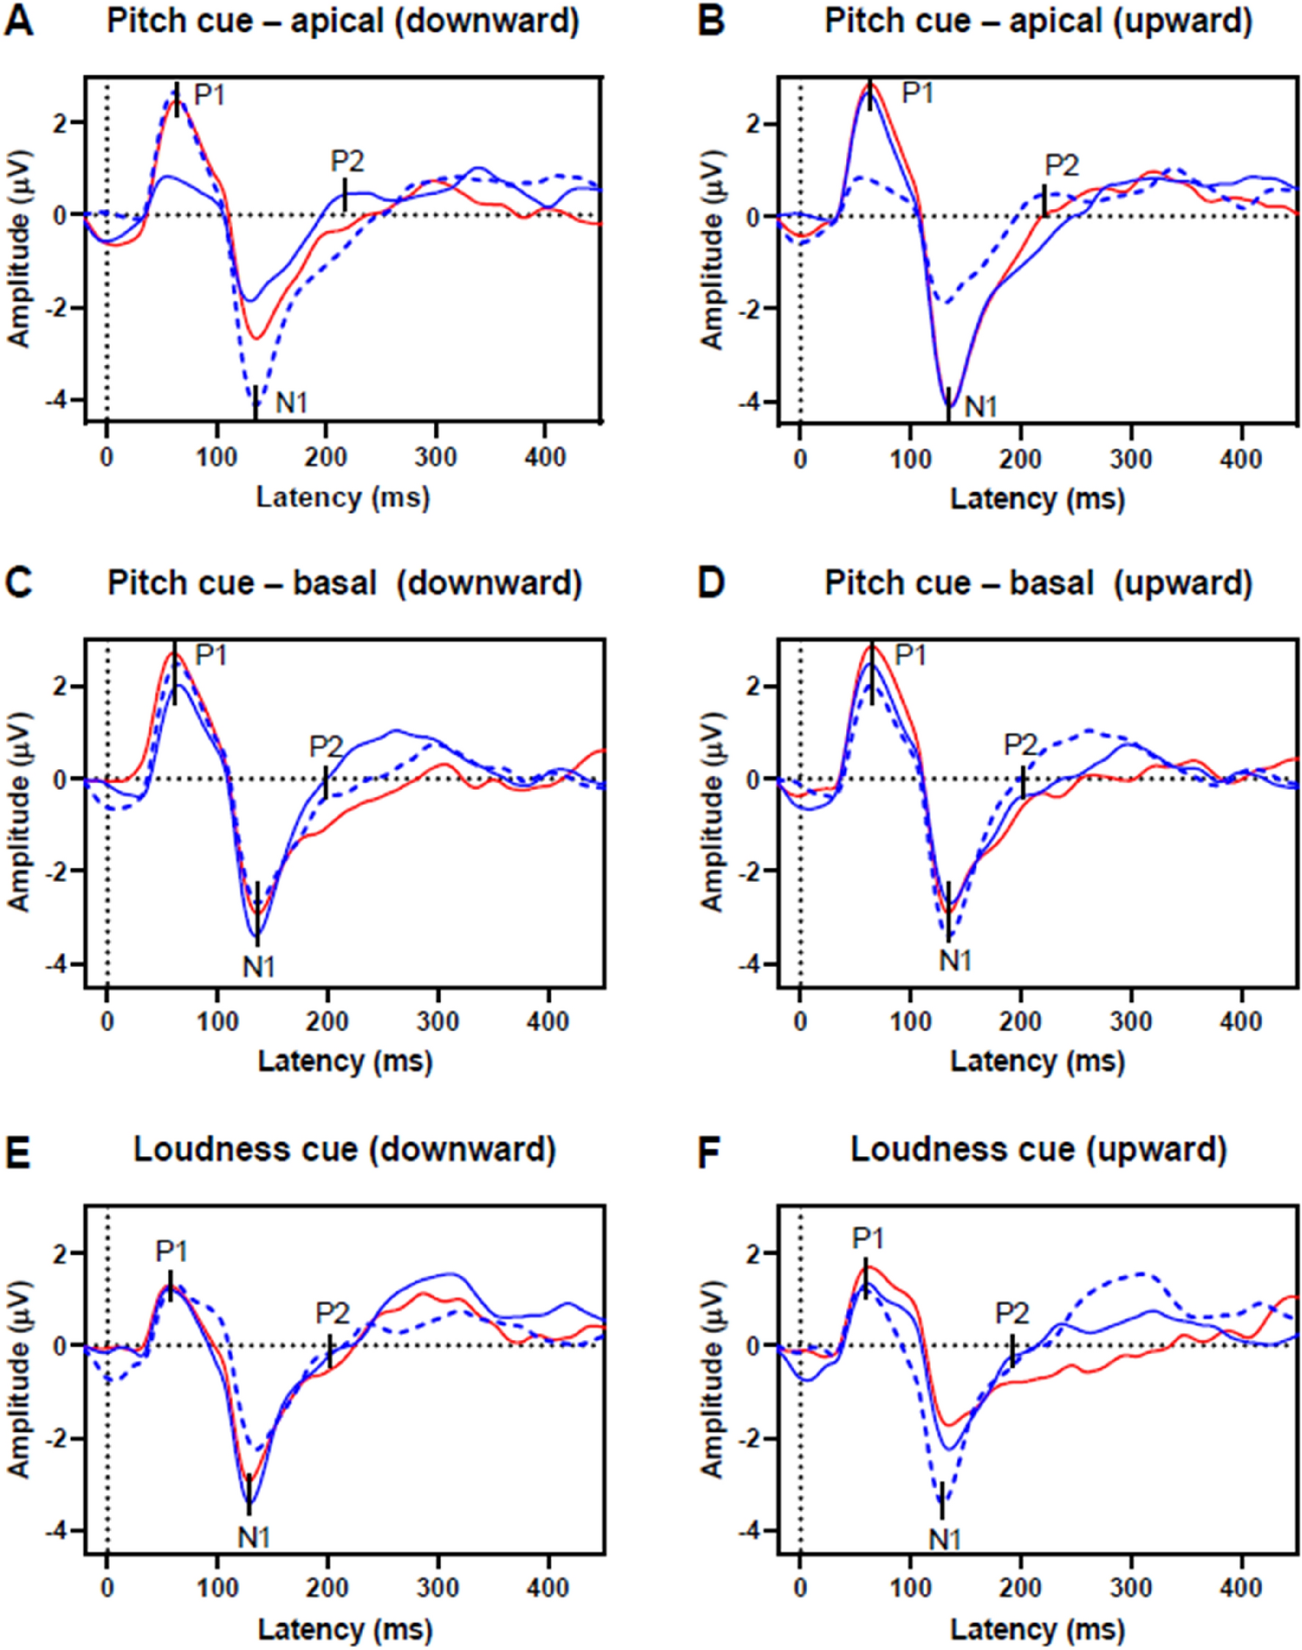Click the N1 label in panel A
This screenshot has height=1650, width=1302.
point(291,402)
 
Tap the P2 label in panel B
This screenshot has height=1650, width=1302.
point(1062,166)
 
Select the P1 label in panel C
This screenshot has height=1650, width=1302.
point(211,655)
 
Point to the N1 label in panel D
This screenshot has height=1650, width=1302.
point(955,962)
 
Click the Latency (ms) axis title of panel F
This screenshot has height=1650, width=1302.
point(1037,1624)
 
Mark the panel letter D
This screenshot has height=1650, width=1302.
point(713,584)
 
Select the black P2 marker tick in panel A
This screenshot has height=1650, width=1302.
point(345,194)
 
